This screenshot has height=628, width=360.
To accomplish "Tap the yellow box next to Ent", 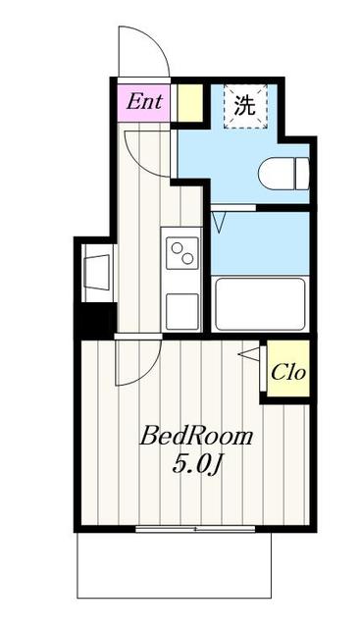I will [x=189, y=102].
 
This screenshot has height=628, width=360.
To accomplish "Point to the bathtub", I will [x=259, y=304].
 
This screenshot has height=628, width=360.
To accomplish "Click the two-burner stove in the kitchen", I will [x=181, y=254].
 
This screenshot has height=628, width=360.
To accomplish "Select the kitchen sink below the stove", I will [x=181, y=310].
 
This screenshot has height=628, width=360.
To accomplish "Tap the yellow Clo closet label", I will [x=287, y=372].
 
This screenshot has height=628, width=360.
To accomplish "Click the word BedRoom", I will [x=196, y=436].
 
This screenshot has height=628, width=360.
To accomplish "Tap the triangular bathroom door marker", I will [x=218, y=221].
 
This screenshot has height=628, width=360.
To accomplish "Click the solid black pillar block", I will [x=97, y=320].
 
